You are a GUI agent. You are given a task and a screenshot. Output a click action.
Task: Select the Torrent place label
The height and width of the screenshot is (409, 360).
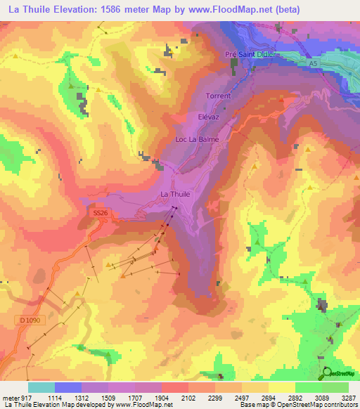click(218, 96)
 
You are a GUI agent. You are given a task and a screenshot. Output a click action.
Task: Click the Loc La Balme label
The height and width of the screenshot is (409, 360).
click(197, 139)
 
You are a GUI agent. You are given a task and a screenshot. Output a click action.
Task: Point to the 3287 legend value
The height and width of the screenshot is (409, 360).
click(349, 397)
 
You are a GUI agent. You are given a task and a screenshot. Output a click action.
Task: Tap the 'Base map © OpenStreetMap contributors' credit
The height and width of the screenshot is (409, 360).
click(297, 405)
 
